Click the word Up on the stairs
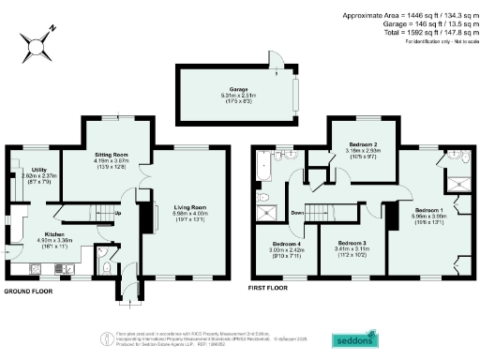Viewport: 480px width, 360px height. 118,213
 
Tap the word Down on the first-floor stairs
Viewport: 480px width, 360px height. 297,212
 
